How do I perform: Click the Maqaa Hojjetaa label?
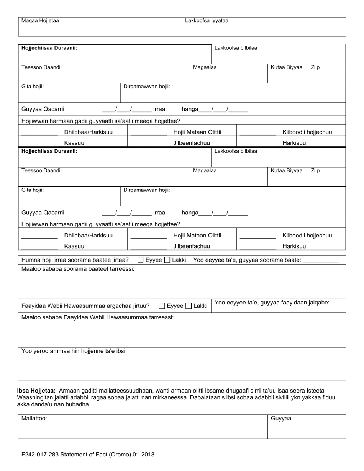(40, 21)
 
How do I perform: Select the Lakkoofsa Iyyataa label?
(207, 21)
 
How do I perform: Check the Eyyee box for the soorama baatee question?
(141, 260)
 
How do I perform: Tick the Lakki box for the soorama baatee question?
(167, 260)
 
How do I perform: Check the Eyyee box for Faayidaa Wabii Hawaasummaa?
(162, 306)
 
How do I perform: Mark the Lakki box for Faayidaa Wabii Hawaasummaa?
(189, 306)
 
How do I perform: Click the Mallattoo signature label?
(34, 419)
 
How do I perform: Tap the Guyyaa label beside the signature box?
(281, 419)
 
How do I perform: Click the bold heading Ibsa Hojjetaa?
(36, 391)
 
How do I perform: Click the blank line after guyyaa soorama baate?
(321, 262)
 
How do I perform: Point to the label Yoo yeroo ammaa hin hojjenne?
(74, 351)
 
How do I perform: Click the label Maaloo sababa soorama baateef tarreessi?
(78, 269)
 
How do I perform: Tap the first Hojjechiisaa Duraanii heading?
(49, 48)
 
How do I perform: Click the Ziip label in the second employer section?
(315, 171)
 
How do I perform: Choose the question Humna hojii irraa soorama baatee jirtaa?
(75, 260)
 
